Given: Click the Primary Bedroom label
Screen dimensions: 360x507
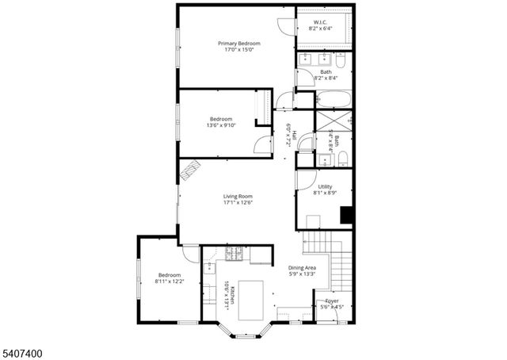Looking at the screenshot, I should pos(238,43).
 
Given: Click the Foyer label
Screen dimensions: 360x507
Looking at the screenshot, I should pos(332,301).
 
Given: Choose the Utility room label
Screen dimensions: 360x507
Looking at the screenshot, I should pos(325,186).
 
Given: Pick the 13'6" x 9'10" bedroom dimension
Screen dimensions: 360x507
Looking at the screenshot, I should pos(220,125).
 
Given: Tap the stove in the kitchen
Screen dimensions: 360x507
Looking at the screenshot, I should pos(234,254).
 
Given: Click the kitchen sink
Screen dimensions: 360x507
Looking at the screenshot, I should pos(210,268).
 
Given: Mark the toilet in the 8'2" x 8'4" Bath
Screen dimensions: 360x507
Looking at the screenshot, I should pos(340,61).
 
